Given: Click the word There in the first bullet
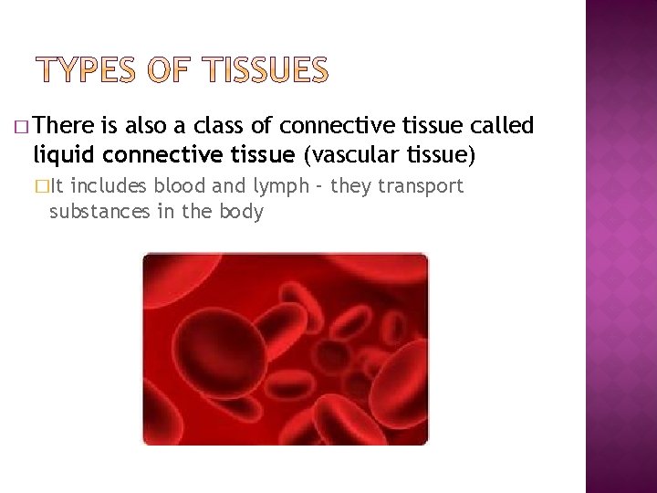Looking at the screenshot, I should pos(67,126).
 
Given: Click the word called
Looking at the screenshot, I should pos(503,126).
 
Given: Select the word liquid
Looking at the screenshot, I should pos(61,155).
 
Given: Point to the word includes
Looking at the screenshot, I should pos(107,187).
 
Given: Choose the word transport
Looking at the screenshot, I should pos(422,187).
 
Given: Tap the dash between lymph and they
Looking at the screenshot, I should pos(317,187).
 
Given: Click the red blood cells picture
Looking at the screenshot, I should pos(285,349).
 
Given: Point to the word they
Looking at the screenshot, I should pos(350,187).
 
